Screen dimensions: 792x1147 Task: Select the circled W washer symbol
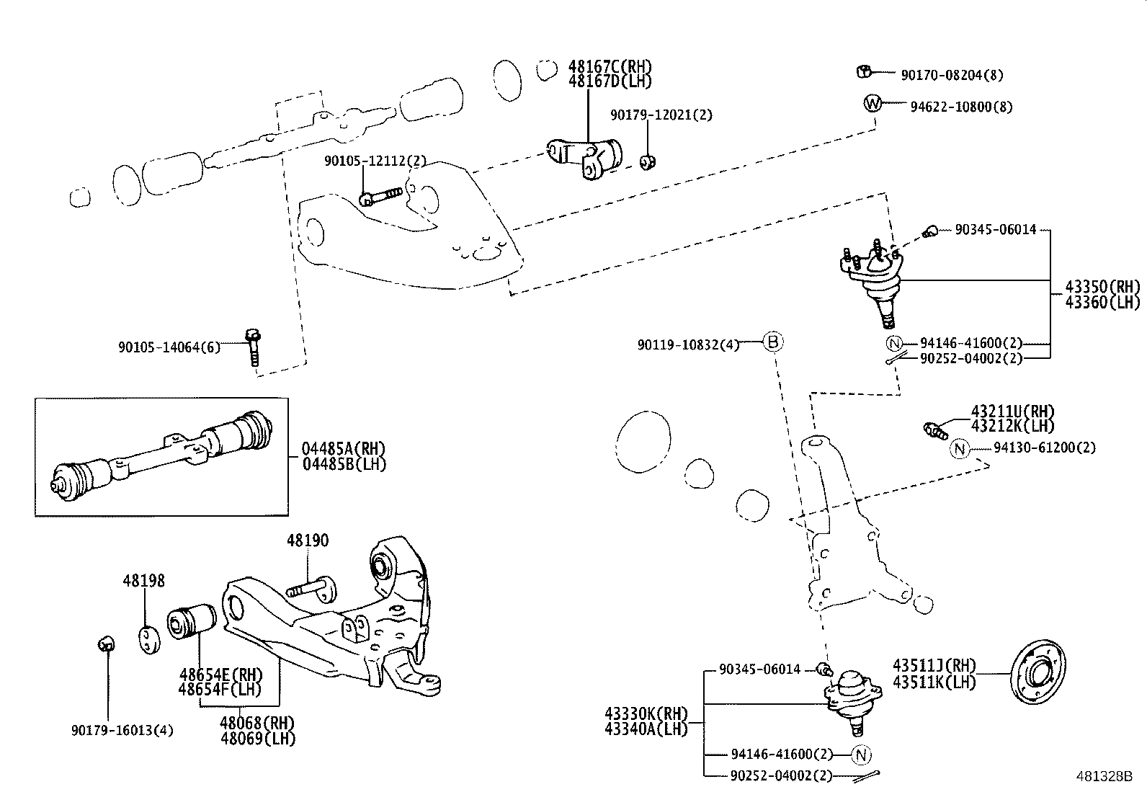[x=872, y=104]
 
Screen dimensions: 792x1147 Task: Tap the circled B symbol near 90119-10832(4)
[x=772, y=342]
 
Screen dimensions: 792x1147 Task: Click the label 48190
[x=308, y=540]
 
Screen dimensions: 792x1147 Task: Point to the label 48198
[x=143, y=580]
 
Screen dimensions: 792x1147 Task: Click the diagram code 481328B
[x=1104, y=776]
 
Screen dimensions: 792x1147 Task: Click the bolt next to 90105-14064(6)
[x=252, y=347]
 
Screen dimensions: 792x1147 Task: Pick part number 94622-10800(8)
[x=960, y=107]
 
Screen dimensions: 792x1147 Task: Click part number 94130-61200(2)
[x=1044, y=448]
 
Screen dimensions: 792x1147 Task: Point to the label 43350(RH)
[x=1102, y=286]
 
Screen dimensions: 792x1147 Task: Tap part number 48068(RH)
[x=258, y=724]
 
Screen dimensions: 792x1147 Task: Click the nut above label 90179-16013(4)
[x=105, y=643]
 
